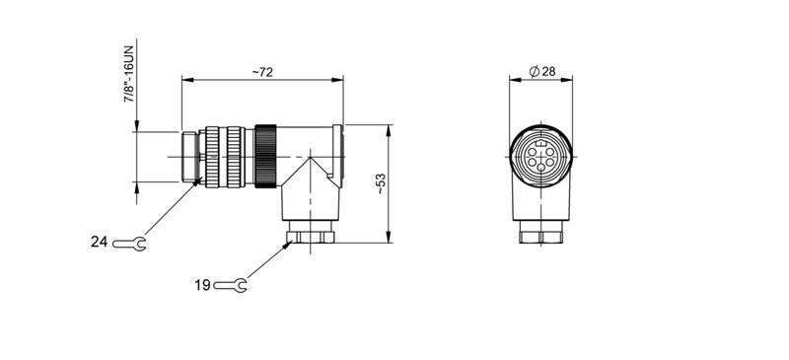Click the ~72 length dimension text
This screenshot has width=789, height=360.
[x=261, y=72]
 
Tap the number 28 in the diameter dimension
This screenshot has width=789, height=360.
[x=549, y=72]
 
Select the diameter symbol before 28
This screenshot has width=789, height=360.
[x=534, y=72]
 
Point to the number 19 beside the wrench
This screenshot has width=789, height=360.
[x=202, y=286]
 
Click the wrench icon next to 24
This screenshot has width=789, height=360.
[x=130, y=243]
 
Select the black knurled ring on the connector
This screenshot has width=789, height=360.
[x=265, y=156]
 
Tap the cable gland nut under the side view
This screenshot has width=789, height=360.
[x=312, y=235]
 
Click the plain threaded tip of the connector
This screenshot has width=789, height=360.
[x=189, y=156]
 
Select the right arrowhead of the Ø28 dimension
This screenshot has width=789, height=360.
[x=569, y=80]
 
